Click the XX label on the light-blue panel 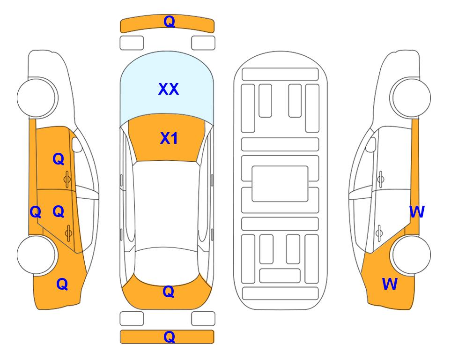(x=169, y=89)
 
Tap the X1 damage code (x=169, y=138)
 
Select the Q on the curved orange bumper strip (x=169, y=22)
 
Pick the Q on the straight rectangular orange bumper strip (x=169, y=337)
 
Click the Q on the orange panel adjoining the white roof (x=169, y=292)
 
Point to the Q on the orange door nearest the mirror (x=59, y=159)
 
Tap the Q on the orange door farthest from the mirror (x=59, y=211)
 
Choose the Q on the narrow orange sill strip (x=36, y=212)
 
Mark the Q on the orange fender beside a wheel (x=62, y=284)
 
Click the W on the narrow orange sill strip (x=417, y=212)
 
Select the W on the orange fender (x=390, y=284)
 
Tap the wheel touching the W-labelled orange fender (x=410, y=255)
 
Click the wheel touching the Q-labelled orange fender (x=37, y=255)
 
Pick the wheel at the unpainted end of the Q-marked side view (x=37, y=98)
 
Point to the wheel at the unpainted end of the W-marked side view (x=410, y=98)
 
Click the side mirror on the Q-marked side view (x=77, y=144)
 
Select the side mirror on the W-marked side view (x=370, y=144)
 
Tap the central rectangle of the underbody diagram (x=280, y=184)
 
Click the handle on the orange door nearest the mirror (x=67, y=179)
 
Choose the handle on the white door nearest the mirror (x=380, y=179)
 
